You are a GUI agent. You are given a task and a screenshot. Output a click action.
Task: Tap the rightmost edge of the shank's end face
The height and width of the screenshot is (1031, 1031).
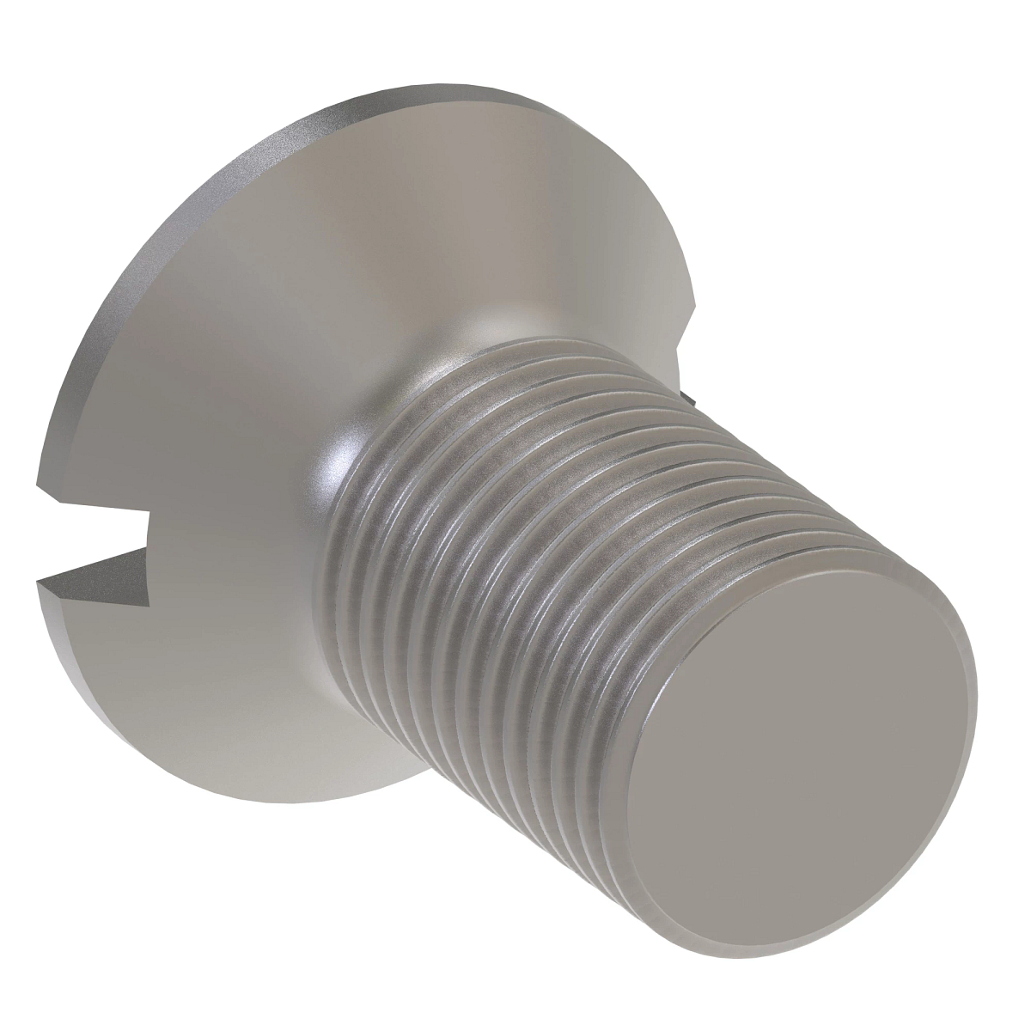976,687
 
